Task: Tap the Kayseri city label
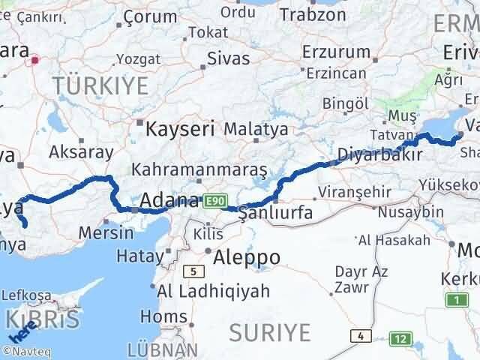180,128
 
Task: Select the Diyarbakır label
375,154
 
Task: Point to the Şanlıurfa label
274,214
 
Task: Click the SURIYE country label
270,331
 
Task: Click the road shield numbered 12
402,339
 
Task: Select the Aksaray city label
81,152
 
